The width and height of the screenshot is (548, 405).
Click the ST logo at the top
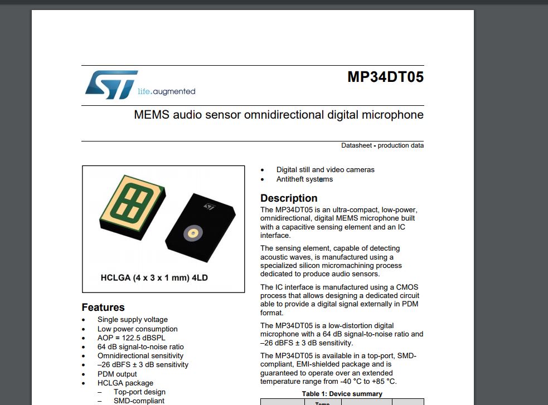click(111, 84)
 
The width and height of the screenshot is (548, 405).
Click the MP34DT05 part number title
click(385, 77)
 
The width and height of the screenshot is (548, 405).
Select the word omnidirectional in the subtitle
click(277, 115)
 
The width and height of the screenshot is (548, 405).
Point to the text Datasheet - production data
click(382, 145)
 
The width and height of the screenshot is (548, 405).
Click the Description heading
click(289, 198)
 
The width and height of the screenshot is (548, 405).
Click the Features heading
click(103, 308)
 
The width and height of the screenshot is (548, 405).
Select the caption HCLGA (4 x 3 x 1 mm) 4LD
click(154, 277)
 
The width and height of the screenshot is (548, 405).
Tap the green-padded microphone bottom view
click(132, 203)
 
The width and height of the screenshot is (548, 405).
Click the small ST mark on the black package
click(209, 207)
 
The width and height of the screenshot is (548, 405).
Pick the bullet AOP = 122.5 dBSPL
click(132, 338)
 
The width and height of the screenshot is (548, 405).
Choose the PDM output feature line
click(117, 374)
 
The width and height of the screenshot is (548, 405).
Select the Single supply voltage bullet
click(133, 320)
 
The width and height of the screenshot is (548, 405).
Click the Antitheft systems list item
click(304, 179)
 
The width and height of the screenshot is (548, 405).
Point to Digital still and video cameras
click(326, 170)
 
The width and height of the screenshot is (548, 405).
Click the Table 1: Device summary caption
click(342, 394)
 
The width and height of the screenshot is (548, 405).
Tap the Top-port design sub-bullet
click(139, 392)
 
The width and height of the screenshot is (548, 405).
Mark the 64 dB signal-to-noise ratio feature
click(140, 347)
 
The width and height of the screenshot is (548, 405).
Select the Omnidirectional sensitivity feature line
click(140, 355)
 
